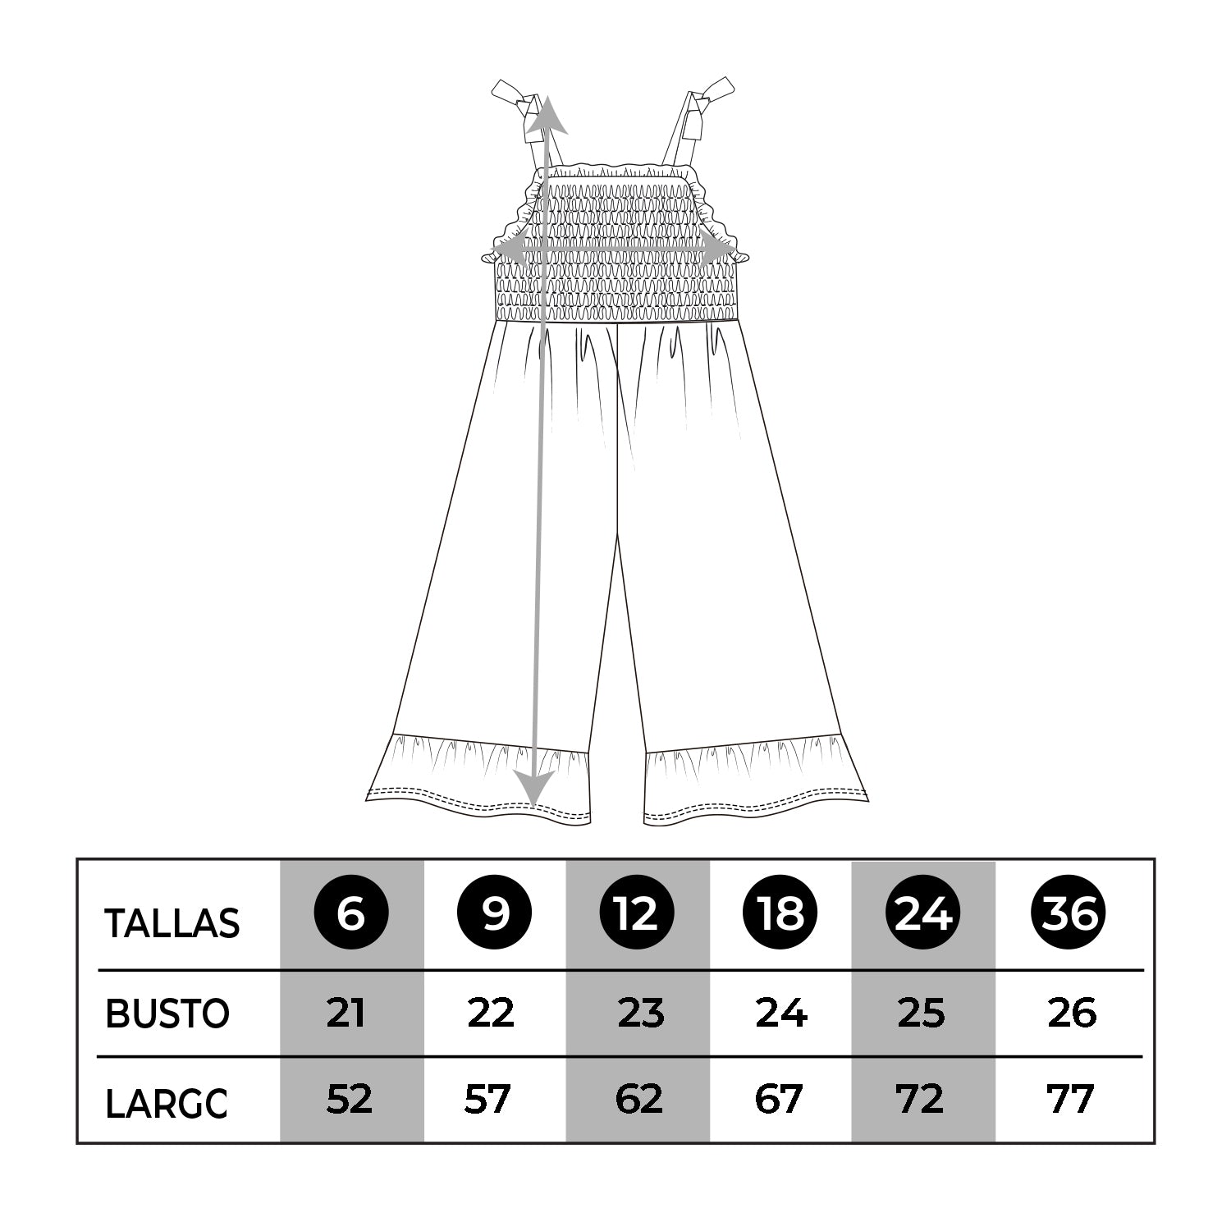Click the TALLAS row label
pos(172,923)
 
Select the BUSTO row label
pos(167,1014)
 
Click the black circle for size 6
pos(351,913)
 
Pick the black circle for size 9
pos(494,913)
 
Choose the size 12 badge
pos(637,913)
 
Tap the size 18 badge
pos(780,913)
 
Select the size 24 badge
pos(923,913)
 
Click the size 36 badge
pos(1068,913)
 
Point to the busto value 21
pos(346,1014)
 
